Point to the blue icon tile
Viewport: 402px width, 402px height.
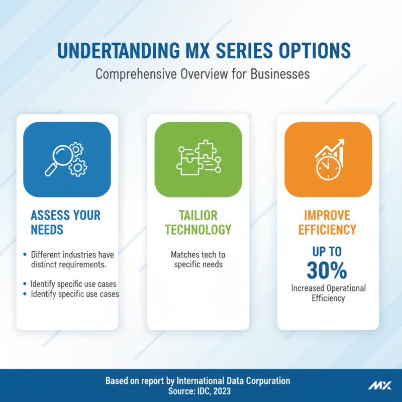67,159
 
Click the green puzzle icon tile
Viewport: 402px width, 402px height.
198,159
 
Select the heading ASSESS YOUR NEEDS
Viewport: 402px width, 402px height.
66,223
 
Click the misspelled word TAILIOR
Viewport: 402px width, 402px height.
198,216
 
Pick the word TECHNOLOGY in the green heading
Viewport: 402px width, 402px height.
198,230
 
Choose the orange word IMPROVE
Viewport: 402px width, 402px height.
327,216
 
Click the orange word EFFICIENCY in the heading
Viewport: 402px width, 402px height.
327,230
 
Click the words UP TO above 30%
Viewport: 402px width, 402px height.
327,251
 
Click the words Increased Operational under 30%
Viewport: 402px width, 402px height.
328,288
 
